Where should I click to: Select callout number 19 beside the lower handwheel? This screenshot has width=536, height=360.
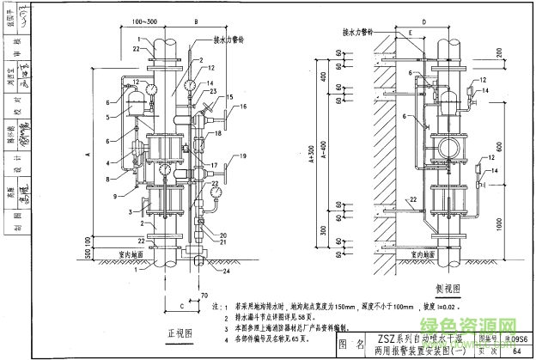pos(243,156)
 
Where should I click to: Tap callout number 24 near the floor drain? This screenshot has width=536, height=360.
pos(228,273)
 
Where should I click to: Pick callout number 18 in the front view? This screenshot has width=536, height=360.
pos(218,134)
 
